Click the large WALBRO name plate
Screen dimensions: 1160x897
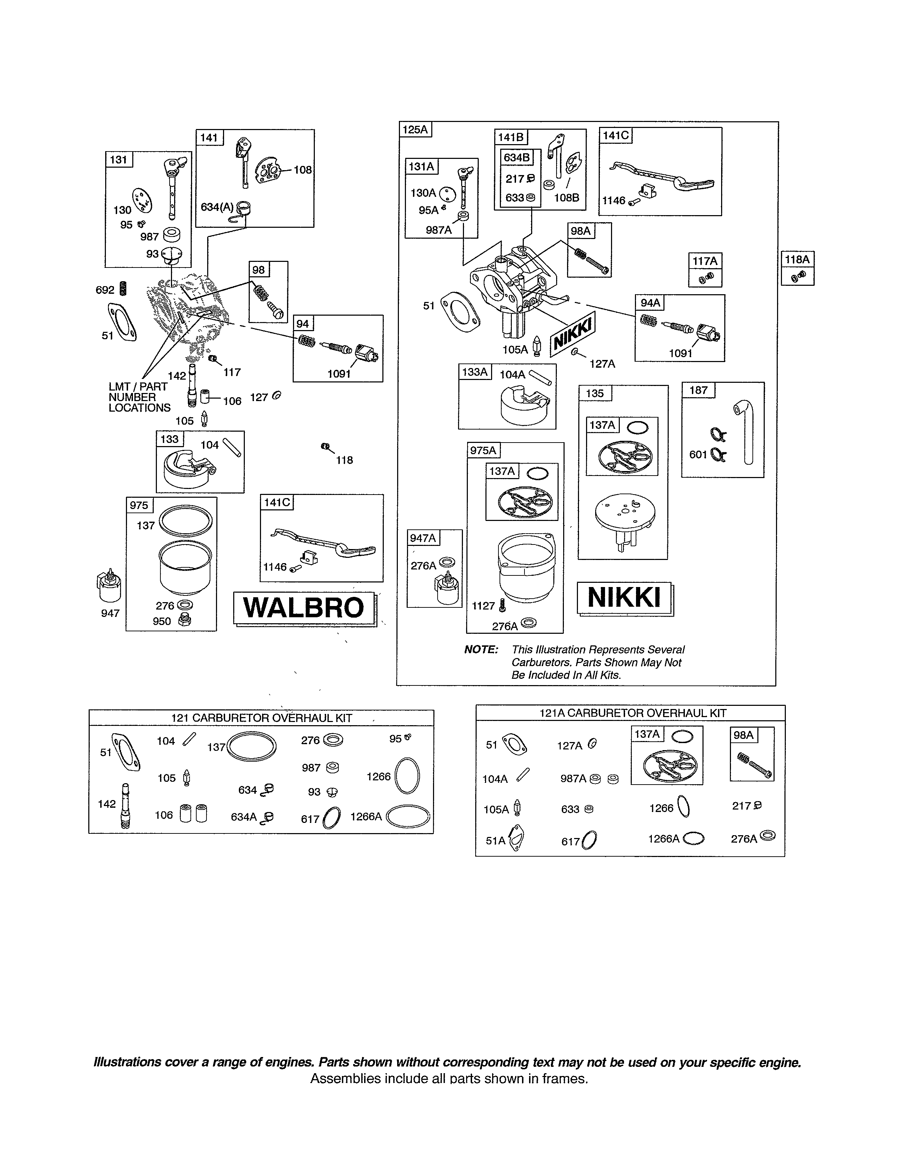pos(304,608)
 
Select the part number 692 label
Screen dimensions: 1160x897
pos(105,290)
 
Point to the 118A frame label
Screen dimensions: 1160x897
pos(797,260)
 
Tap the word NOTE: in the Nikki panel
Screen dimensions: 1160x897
pos(481,650)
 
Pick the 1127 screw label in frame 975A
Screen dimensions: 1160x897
pos(483,606)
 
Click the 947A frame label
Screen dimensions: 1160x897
pos(423,538)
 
